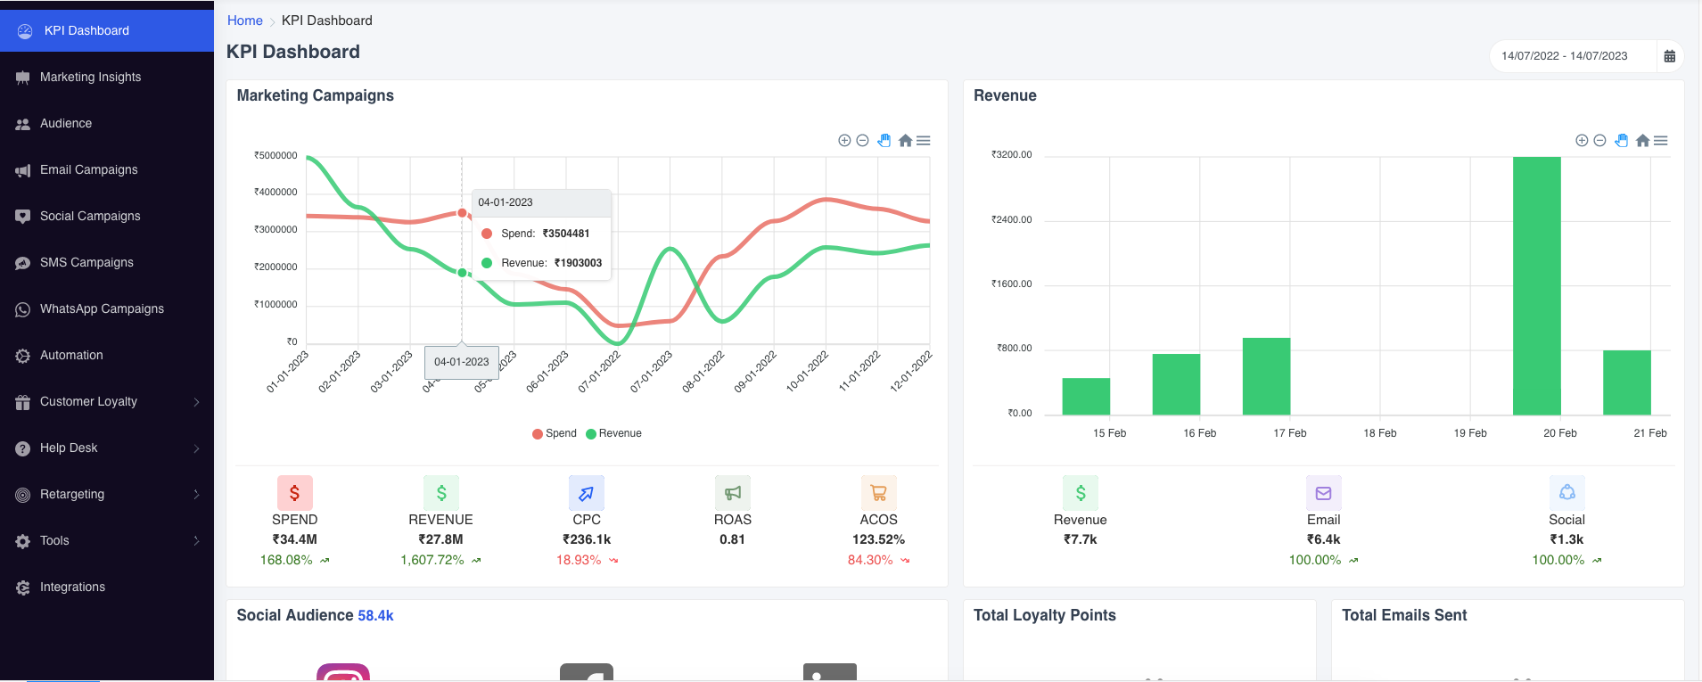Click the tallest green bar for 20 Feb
tap(1536, 285)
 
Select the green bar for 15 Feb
tap(1086, 397)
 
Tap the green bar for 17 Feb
tap(1266, 376)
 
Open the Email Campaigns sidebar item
tap(88, 169)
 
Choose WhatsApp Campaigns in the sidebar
tap(102, 308)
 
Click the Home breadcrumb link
tap(244, 21)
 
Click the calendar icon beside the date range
tap(1669, 56)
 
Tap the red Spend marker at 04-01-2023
tap(462, 213)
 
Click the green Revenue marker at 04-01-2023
tap(462, 273)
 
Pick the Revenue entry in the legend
tap(614, 433)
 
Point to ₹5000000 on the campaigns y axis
tap(275, 155)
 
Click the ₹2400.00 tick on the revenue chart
tap(1011, 219)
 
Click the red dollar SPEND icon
tap(294, 493)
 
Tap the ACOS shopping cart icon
tap(878, 493)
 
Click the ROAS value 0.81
tap(732, 539)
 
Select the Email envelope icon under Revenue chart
tap(1323, 493)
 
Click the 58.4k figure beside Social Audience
tap(375, 615)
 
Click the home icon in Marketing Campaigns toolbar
tap(905, 141)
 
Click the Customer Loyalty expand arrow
tap(196, 402)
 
